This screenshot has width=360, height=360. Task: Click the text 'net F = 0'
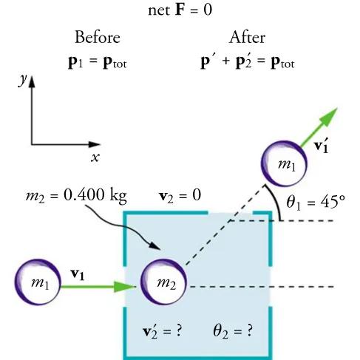click(x=180, y=12)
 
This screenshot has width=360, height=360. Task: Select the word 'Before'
click(x=97, y=38)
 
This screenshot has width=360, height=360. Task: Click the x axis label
click(x=95, y=157)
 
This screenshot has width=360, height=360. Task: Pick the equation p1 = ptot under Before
click(x=97, y=61)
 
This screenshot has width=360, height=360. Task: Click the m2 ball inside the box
click(x=164, y=283)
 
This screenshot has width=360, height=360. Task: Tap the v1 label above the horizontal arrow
click(x=78, y=274)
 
